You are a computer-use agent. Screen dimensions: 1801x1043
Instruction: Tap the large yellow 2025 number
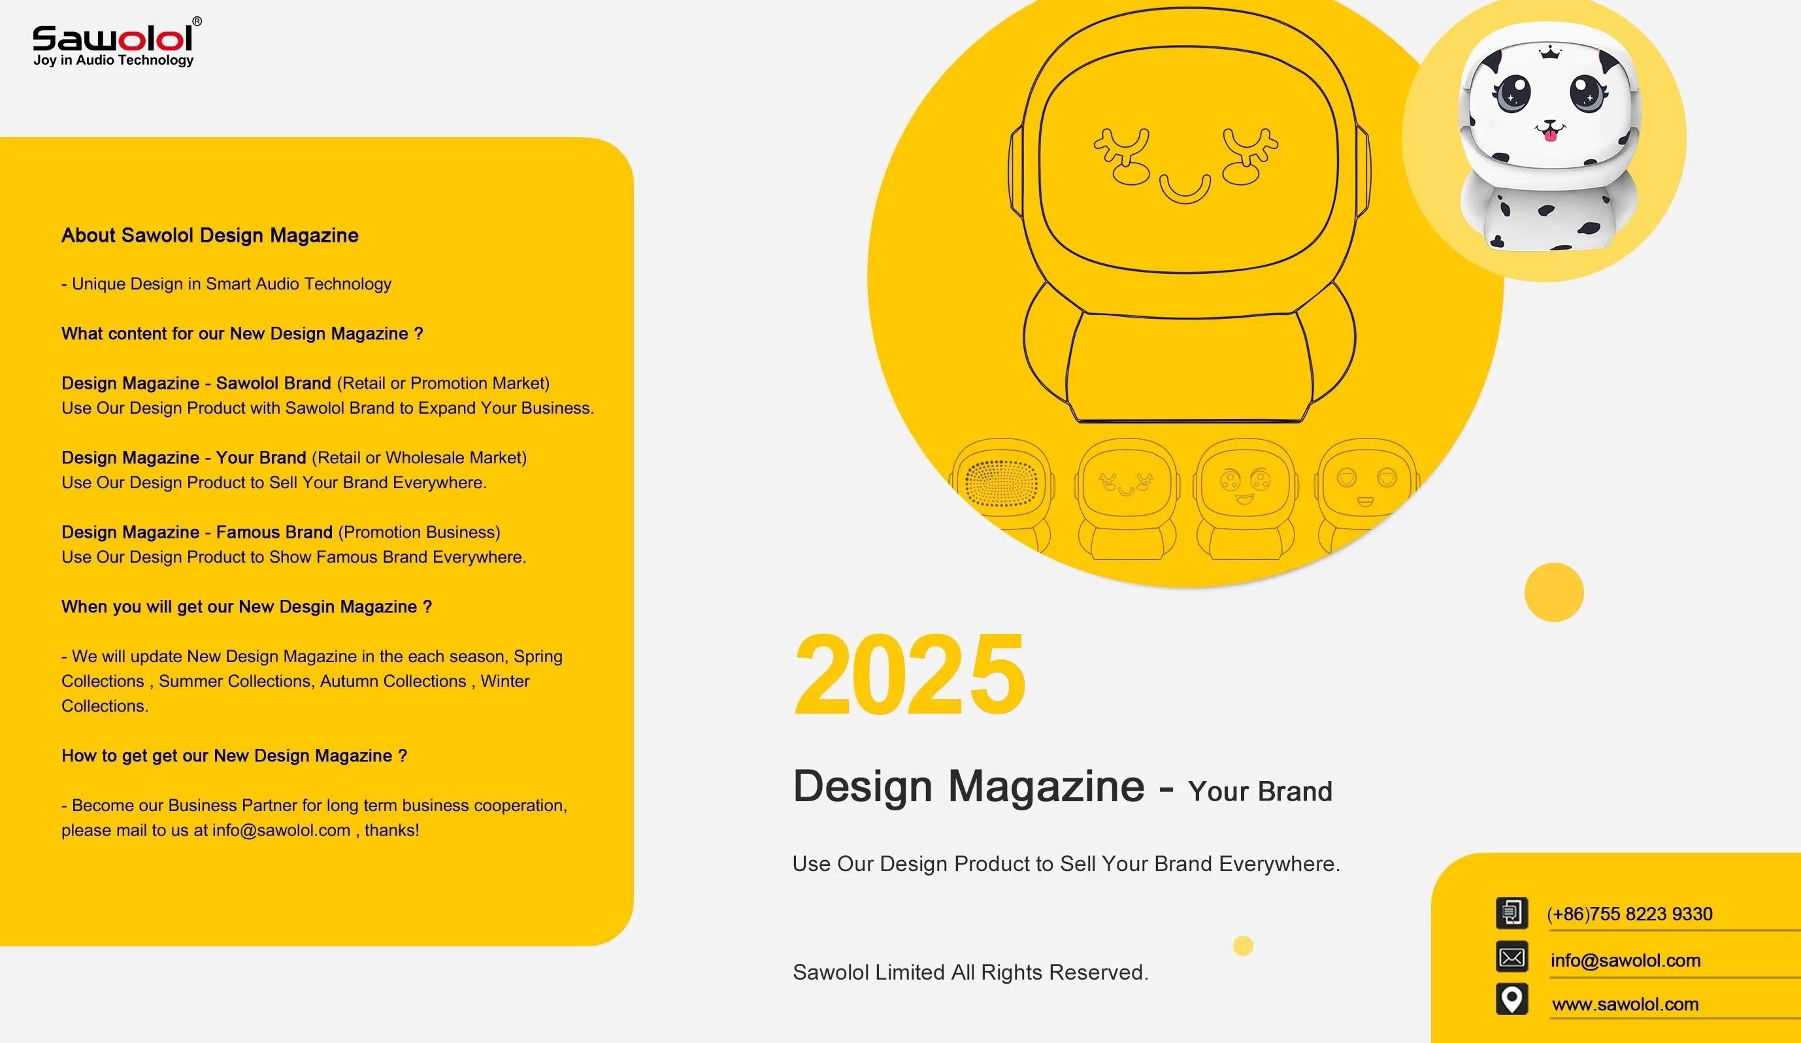coord(910,674)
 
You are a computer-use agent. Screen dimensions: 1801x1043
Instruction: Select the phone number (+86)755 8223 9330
coord(1630,914)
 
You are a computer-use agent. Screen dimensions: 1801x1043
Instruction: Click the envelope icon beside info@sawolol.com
coord(1512,957)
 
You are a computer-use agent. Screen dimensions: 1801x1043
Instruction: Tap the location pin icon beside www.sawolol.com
coord(1512,999)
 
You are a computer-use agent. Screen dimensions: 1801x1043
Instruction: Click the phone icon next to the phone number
coord(1512,913)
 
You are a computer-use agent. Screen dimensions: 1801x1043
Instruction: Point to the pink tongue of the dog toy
coord(1549,134)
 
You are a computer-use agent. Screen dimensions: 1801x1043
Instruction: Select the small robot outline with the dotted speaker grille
coord(1002,497)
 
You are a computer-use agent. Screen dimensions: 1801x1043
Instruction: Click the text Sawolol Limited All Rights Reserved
coord(970,972)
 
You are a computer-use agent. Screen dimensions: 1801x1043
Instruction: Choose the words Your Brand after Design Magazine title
coord(1260,791)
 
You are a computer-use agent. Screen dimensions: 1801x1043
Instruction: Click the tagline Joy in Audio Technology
coord(114,60)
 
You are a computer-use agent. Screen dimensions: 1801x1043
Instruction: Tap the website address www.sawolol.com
coord(1625,1004)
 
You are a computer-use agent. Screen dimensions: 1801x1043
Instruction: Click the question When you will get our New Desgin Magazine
coord(246,607)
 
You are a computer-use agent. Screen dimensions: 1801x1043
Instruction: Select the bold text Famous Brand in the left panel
coord(274,532)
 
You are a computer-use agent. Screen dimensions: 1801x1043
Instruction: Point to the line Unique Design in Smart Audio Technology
coord(227,284)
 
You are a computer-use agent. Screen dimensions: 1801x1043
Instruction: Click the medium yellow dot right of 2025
coord(1554,593)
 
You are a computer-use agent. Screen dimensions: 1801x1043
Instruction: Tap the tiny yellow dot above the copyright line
coord(1243,946)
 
